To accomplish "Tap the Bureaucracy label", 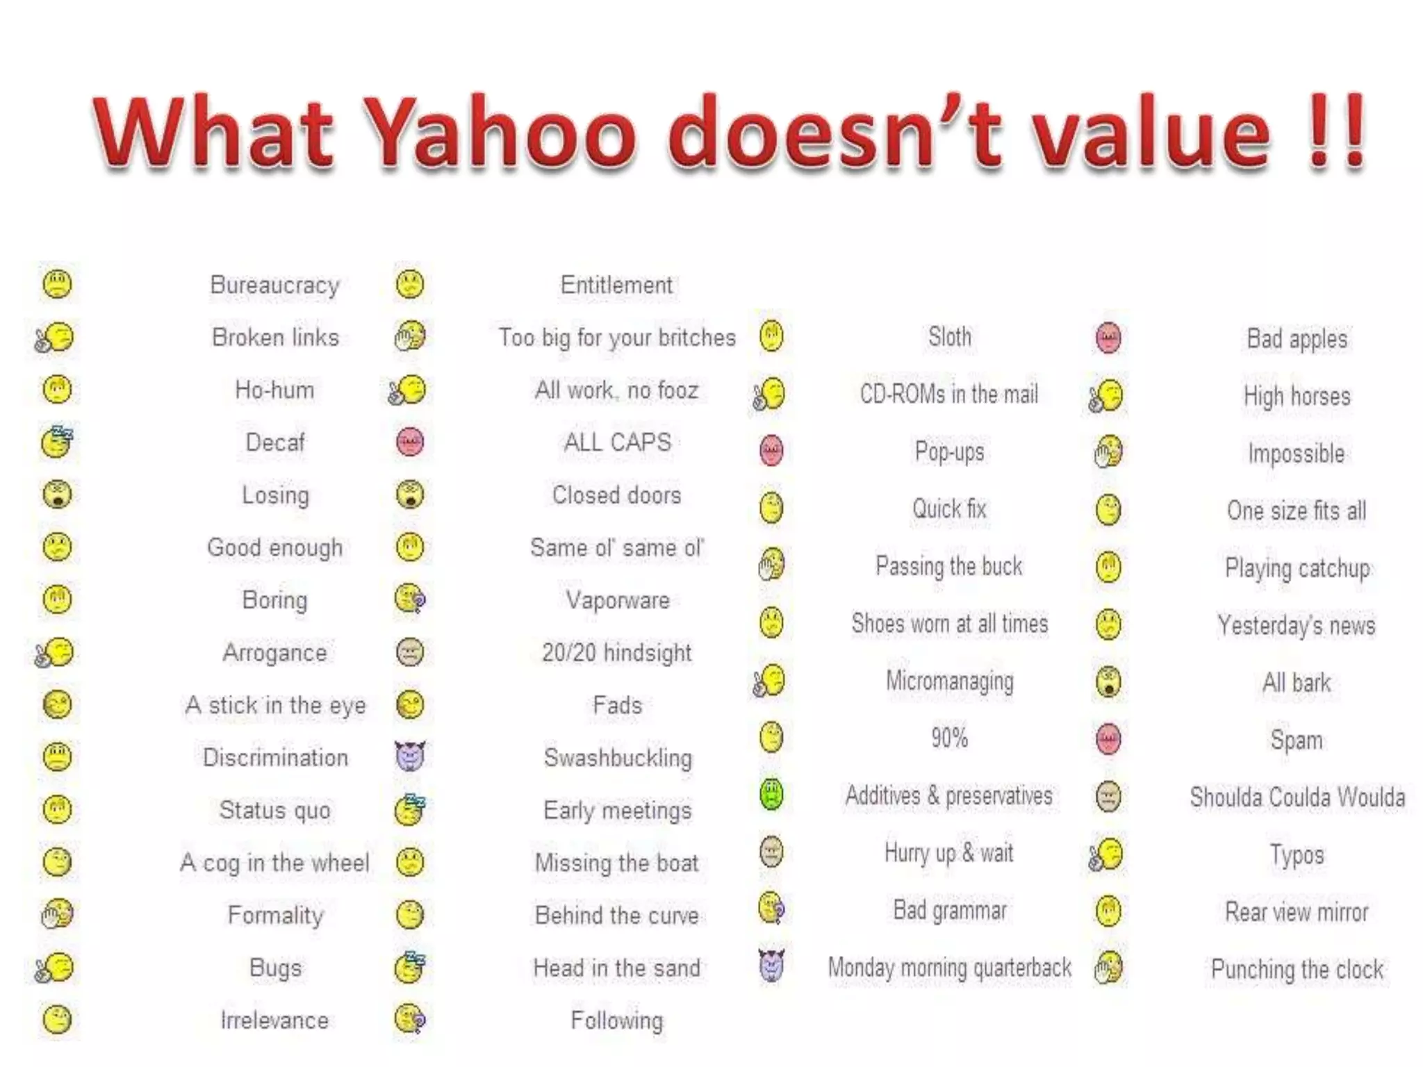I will tap(275, 285).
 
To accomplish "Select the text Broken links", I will tap(275, 338).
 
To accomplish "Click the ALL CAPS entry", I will tap(617, 442).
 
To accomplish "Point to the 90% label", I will tap(949, 738).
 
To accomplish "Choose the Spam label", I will tap(1297, 740).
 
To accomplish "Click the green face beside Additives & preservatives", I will tap(771, 795).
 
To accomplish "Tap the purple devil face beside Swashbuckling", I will tap(410, 756).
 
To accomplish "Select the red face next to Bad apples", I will tap(1108, 338).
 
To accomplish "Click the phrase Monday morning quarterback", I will tap(949, 967).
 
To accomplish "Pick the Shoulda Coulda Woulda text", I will tap(1297, 797).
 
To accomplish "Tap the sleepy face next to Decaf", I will tap(57, 442).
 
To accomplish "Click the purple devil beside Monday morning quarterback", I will tap(771, 966).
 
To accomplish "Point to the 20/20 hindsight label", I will tap(617, 653).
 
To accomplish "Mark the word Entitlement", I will tap(617, 285).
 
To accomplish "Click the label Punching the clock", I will tap(1297, 969).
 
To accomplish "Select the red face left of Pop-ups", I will tap(771, 451).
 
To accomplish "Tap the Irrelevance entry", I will tap(275, 1020).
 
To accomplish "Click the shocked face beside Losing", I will tap(57, 495).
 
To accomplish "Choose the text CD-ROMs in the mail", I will tap(949, 394).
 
